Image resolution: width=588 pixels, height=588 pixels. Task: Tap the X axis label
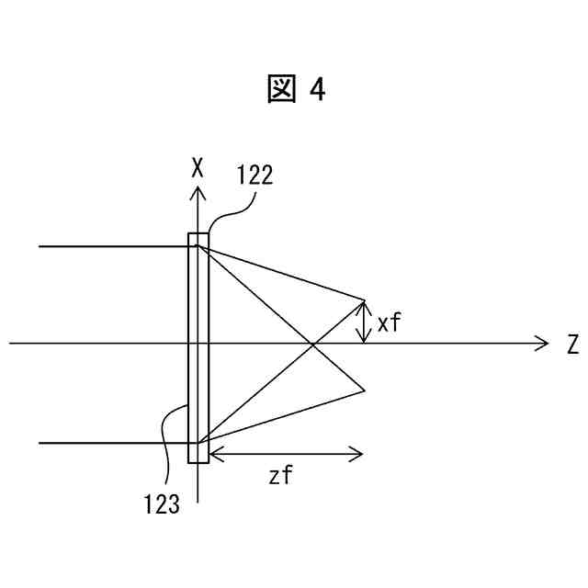197,167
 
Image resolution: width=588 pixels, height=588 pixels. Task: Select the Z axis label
571,345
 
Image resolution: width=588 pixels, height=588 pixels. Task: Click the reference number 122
254,175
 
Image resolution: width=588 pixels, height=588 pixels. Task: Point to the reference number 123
161,503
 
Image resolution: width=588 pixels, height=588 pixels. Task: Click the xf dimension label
389,322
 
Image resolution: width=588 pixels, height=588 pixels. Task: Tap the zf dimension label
281,475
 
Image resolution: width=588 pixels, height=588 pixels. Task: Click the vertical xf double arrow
365,322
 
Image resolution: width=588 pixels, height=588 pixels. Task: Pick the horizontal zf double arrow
286,453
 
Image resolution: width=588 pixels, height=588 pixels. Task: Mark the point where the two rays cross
314,344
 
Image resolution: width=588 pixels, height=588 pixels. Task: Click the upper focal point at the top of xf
365,300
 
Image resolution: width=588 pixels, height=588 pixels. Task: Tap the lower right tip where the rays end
365,390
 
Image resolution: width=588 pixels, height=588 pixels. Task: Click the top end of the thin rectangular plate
198,235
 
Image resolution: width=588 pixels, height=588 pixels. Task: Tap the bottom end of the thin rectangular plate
198,460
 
